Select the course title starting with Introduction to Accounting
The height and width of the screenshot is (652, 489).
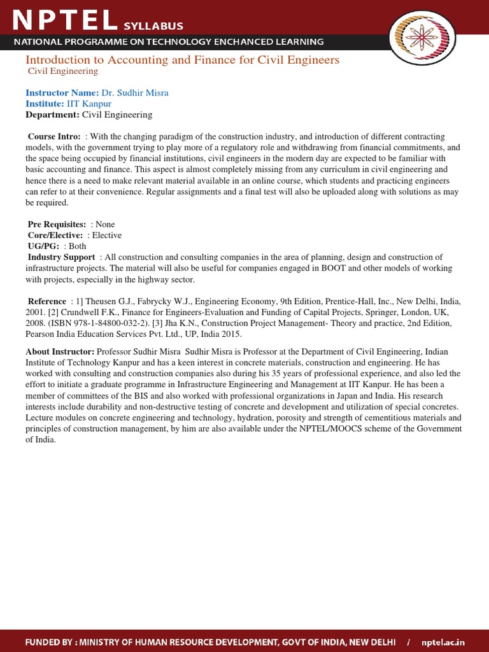(x=182, y=60)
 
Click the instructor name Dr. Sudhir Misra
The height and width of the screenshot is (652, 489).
(x=135, y=93)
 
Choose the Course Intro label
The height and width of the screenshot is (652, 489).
(x=54, y=137)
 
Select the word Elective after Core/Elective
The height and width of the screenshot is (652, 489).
(x=106, y=235)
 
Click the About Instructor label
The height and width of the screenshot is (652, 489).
(x=60, y=351)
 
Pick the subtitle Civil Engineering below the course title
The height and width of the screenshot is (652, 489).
(x=62, y=71)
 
